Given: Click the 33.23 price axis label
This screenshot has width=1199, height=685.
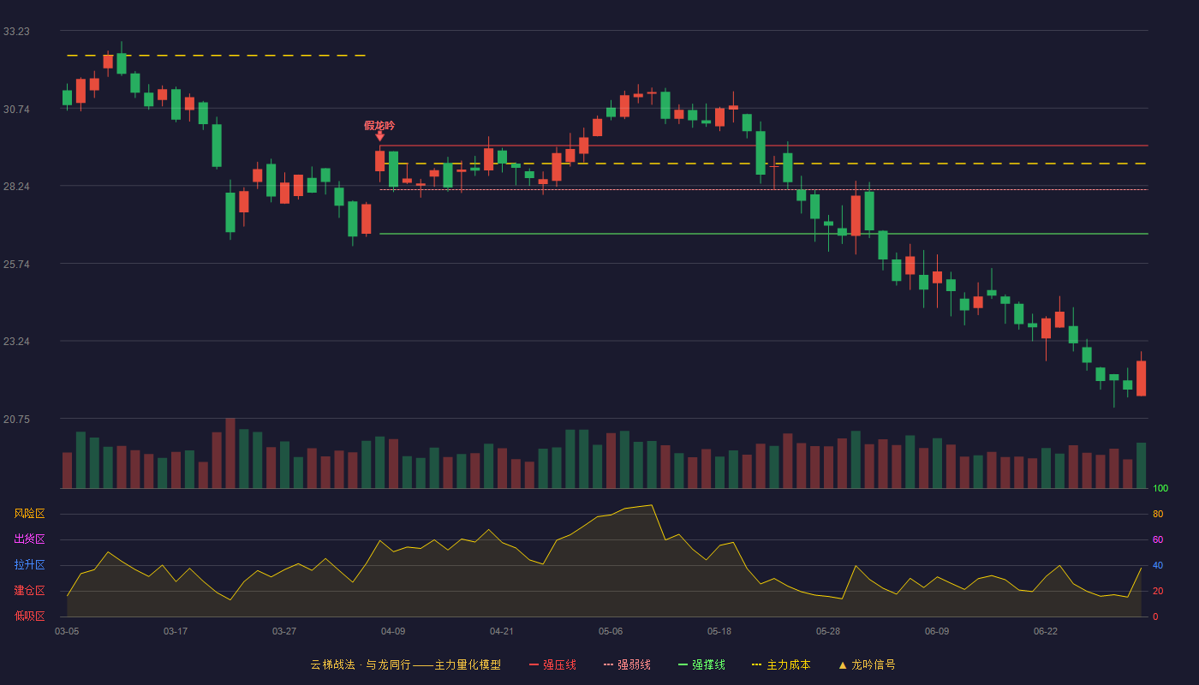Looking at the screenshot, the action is click(16, 32).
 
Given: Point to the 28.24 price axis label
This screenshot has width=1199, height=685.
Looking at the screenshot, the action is click(16, 187).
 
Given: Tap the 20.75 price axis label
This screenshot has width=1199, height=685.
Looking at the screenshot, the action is click(16, 419).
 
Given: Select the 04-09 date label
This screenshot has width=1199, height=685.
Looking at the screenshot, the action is click(393, 632).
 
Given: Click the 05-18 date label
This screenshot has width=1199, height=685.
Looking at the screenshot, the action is click(719, 632).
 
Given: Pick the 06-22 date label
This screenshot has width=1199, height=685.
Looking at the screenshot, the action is click(1046, 632).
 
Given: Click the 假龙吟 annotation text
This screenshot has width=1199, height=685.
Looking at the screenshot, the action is click(379, 126).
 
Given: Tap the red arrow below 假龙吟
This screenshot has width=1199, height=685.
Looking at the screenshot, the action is click(379, 136).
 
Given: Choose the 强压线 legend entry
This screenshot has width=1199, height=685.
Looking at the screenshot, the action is click(552, 664).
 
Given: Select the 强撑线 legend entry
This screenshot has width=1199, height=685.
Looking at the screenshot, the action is click(701, 664).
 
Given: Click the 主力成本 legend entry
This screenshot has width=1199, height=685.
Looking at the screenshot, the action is click(781, 664).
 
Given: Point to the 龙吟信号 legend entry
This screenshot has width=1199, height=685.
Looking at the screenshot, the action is click(867, 664).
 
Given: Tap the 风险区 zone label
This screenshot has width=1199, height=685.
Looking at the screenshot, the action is click(29, 514).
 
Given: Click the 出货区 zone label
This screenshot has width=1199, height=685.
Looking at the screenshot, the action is click(29, 539).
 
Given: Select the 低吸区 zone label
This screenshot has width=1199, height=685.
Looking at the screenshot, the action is click(29, 616).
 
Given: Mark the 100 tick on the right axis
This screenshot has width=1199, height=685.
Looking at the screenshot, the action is click(1160, 488).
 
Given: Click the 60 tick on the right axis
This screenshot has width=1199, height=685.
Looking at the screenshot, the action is click(1158, 539).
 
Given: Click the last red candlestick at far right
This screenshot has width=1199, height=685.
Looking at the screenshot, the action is click(1141, 378).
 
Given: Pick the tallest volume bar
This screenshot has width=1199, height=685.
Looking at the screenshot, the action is click(230, 453).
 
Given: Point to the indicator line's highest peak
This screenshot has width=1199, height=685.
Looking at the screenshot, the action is click(652, 505).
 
